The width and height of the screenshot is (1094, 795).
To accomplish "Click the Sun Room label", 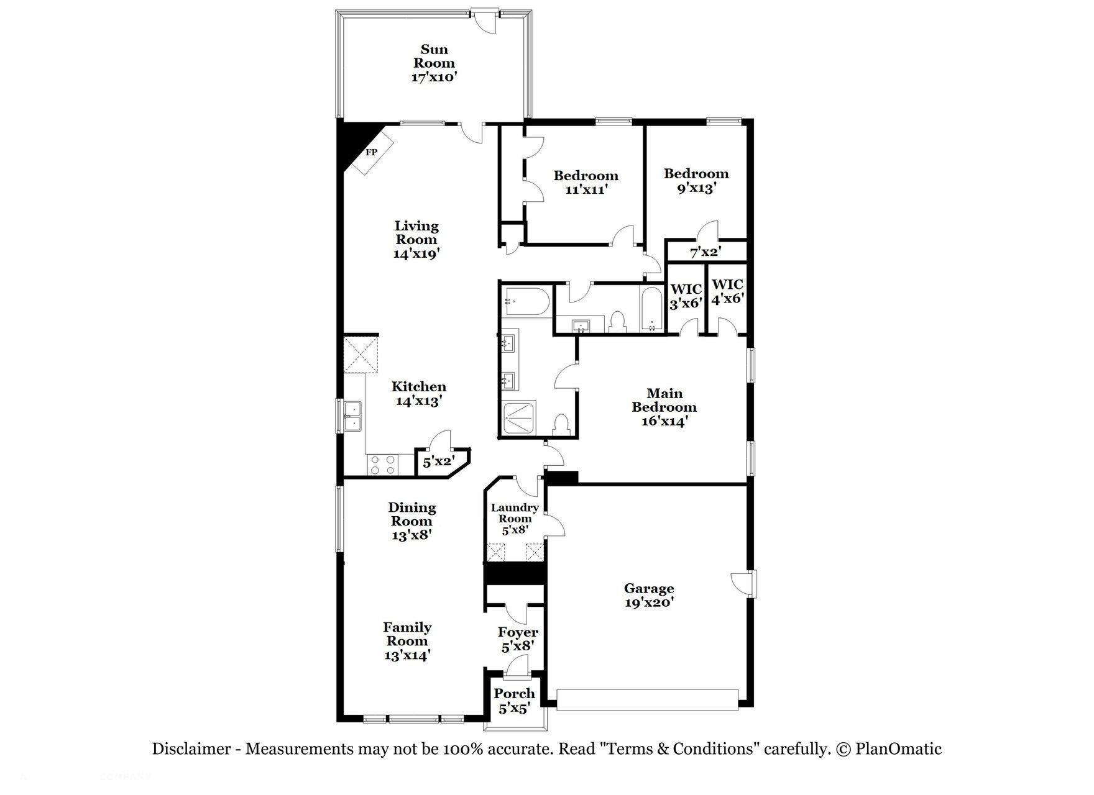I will pyautogui.click(x=434, y=63).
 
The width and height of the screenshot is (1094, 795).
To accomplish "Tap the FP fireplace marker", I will pyautogui.click(x=371, y=152).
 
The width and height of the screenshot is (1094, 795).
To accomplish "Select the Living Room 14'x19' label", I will pyautogui.click(x=416, y=239).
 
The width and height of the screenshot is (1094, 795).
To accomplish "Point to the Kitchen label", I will pyautogui.click(x=418, y=394).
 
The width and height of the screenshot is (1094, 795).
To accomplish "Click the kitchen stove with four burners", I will pyautogui.click(x=382, y=465).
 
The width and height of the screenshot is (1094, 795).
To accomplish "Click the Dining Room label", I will pyautogui.click(x=411, y=520).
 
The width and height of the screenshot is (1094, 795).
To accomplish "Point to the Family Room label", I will pyautogui.click(x=407, y=640).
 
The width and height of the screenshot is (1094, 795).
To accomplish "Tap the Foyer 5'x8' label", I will pyautogui.click(x=518, y=639).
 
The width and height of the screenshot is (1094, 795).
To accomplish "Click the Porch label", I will pyautogui.click(x=515, y=700).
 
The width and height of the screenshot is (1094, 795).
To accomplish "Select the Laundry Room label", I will pyautogui.click(x=515, y=519).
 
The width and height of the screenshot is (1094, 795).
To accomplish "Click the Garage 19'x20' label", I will pyautogui.click(x=649, y=595).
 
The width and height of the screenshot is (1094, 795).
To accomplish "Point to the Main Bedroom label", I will pyautogui.click(x=664, y=407).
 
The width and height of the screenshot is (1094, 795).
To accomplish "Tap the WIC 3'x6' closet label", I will pyautogui.click(x=686, y=296).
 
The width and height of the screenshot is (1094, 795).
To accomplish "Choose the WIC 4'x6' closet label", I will pyautogui.click(x=727, y=291).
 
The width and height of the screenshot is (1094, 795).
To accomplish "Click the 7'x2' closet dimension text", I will pyautogui.click(x=705, y=253).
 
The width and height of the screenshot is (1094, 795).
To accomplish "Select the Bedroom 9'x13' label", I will pyautogui.click(x=696, y=180).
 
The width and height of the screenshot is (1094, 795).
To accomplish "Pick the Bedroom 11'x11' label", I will pyautogui.click(x=586, y=183).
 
